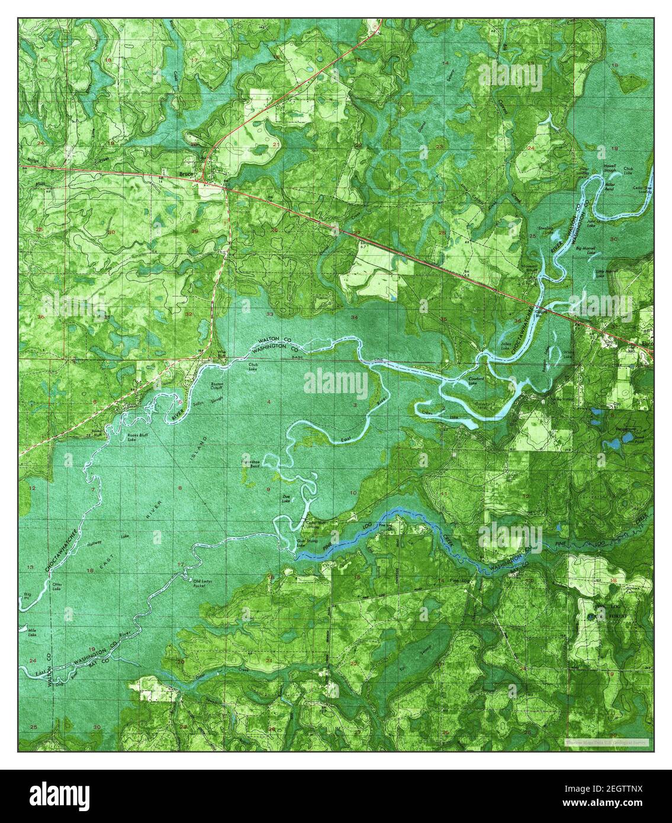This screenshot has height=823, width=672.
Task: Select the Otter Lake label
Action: point(57,586)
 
